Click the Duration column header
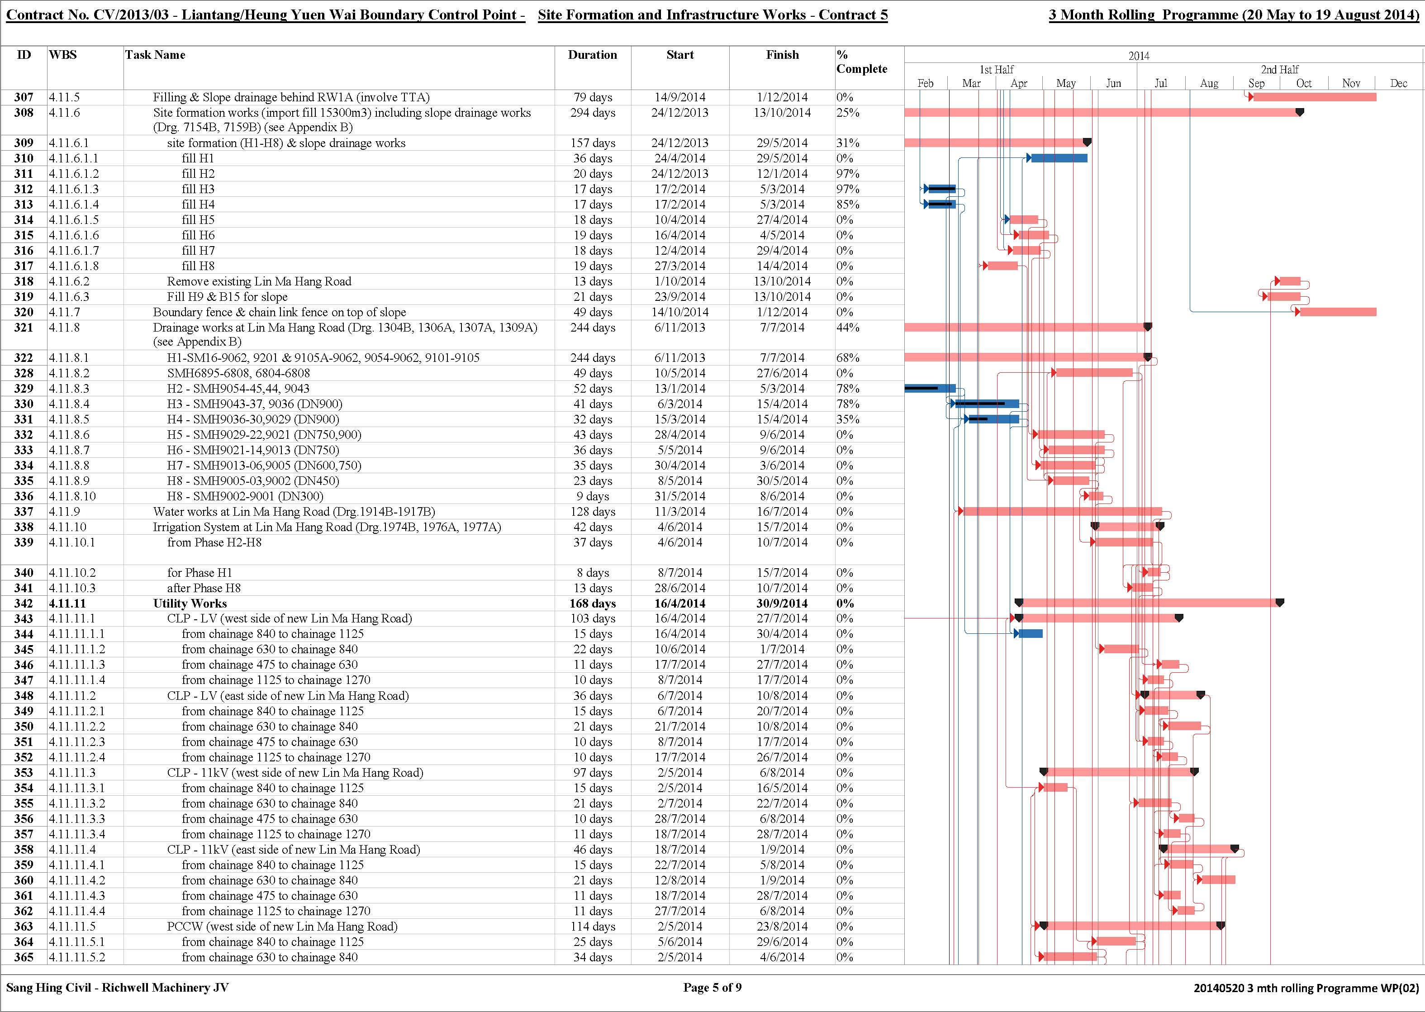[592, 55]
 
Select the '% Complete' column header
[862, 62]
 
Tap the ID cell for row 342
[24, 603]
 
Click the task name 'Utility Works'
[190, 603]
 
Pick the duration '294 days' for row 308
[593, 113]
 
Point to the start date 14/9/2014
[680, 97]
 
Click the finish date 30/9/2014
[782, 603]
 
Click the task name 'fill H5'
[198, 220]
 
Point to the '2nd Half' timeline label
[1280, 70]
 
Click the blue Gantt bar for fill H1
[1059, 158]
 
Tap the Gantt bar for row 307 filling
[1315, 97]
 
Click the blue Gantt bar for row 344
[1031, 634]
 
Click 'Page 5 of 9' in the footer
[712, 988]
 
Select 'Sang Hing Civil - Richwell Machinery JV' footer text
[117, 988]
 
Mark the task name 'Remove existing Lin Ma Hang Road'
[259, 282]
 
